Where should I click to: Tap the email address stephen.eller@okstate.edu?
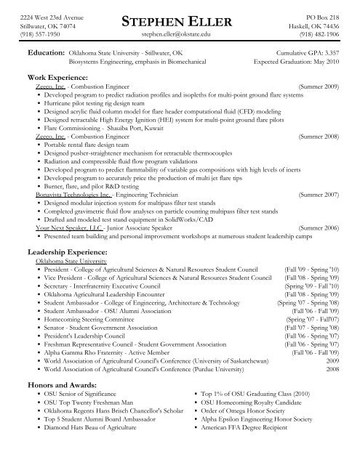(x=179, y=33)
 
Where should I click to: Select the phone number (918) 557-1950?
(x=27, y=33)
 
